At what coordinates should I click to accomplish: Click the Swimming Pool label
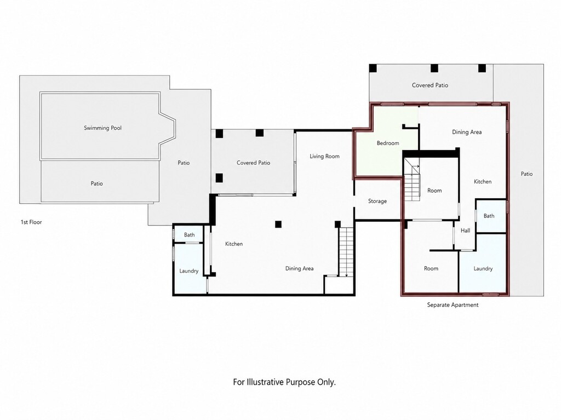click(x=102, y=128)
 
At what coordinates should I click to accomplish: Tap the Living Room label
click(x=324, y=156)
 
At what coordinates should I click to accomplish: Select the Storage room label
click(x=377, y=201)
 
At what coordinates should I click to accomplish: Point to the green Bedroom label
click(x=388, y=143)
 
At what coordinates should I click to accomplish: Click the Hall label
click(x=466, y=231)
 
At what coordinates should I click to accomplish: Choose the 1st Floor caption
click(x=31, y=222)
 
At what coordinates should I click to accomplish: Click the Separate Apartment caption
click(x=453, y=305)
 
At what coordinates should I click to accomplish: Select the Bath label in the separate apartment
click(x=489, y=216)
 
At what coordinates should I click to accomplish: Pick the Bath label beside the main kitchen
click(x=189, y=235)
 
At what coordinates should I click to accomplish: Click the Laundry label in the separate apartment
click(x=483, y=268)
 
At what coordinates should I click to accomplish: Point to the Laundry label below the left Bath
click(x=189, y=271)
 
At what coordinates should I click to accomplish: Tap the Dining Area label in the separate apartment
click(x=467, y=132)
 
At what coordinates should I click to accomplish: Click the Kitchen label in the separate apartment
click(x=483, y=181)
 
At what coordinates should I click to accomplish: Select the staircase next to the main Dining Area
click(x=346, y=252)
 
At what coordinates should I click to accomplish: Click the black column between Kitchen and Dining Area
click(x=278, y=225)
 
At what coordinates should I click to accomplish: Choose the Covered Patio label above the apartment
click(x=430, y=85)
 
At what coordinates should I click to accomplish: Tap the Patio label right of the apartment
click(x=526, y=174)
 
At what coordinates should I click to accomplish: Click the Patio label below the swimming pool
click(x=96, y=183)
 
